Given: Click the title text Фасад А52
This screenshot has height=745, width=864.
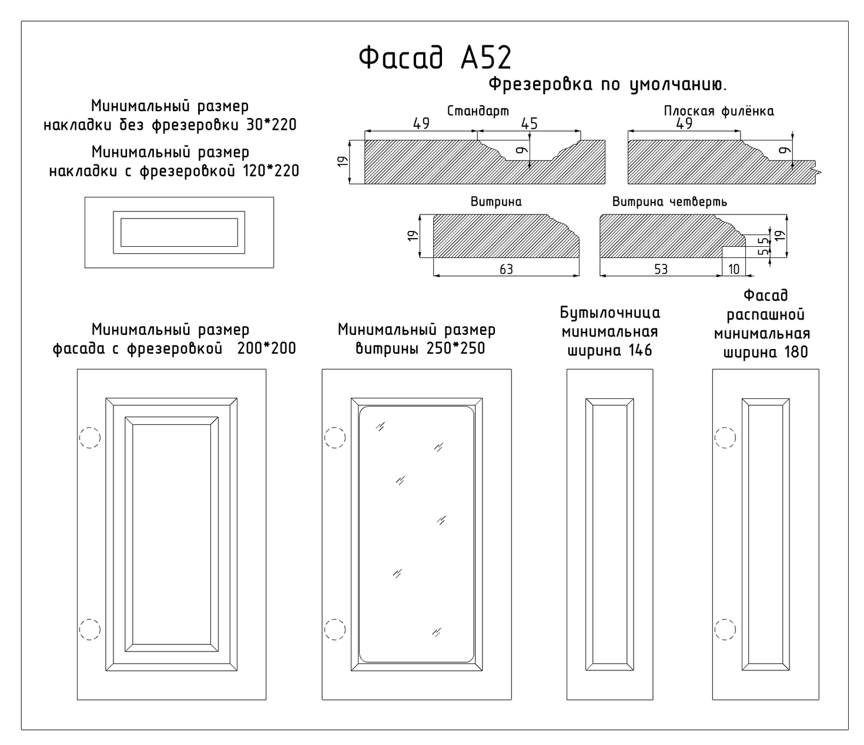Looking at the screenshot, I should [x=435, y=58].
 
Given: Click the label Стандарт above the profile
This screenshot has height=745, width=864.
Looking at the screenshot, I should [x=478, y=111].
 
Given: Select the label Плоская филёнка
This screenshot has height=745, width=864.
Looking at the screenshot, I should [x=718, y=111].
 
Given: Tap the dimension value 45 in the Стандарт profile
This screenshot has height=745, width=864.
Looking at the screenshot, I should [x=529, y=124].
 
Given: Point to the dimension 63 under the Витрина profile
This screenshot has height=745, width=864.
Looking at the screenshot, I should [x=506, y=269].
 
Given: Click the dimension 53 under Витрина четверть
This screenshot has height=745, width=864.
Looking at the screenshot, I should [x=661, y=269].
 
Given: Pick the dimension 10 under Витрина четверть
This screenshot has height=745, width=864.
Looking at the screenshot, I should [x=734, y=269].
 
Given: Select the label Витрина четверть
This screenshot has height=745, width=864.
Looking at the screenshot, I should [x=669, y=202].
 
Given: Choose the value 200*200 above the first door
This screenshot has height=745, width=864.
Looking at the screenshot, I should [x=267, y=348].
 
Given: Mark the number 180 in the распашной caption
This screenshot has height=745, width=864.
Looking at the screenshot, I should [x=795, y=353].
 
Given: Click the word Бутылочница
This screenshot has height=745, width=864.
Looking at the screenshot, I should [x=610, y=313].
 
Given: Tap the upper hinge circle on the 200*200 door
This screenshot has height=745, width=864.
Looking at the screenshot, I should [x=90, y=438].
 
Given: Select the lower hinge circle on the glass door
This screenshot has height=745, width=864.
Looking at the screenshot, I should [x=335, y=629].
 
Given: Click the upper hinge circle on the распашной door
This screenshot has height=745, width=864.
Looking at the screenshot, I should [x=725, y=438].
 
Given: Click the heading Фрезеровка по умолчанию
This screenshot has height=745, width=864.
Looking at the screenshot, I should [x=608, y=85].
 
